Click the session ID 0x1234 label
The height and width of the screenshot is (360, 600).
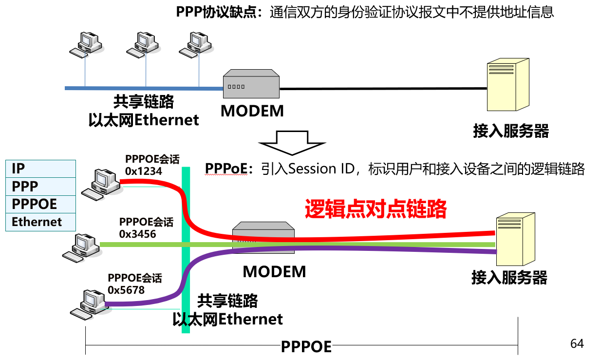(x=144, y=171)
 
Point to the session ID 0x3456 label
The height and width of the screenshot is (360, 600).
(x=137, y=234)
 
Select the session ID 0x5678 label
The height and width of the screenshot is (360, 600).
(x=126, y=290)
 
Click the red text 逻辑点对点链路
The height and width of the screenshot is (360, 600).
(x=375, y=209)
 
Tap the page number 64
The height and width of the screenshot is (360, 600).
(x=577, y=344)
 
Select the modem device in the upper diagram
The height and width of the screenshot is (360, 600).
(x=251, y=86)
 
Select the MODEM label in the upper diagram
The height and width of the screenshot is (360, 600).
(x=252, y=111)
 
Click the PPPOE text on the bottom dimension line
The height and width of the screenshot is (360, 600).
(x=306, y=347)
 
